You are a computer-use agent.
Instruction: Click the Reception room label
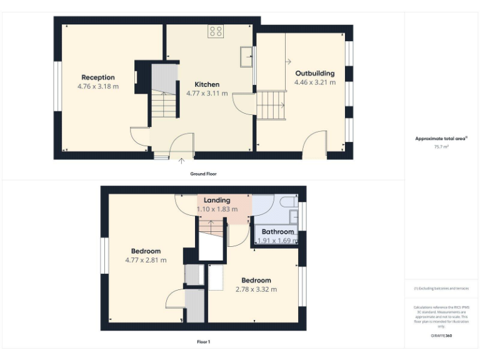(x=98, y=77)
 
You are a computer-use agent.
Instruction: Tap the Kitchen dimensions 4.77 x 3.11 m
(x=207, y=93)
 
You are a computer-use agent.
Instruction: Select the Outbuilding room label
(x=314, y=73)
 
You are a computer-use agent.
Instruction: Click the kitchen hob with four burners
(x=216, y=31)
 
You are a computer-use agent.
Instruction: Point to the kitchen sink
(x=245, y=56)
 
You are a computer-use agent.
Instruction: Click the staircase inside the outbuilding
(x=272, y=105)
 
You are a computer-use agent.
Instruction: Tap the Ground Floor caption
(x=203, y=173)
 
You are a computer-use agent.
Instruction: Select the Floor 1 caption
(x=203, y=342)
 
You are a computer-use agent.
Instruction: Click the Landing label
(x=217, y=201)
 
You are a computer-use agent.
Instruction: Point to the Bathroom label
(x=277, y=232)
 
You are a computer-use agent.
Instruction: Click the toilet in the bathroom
(x=289, y=202)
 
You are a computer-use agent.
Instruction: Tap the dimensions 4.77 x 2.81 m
(x=146, y=260)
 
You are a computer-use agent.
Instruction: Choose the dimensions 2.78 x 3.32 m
(x=256, y=289)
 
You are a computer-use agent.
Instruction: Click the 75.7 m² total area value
(x=442, y=146)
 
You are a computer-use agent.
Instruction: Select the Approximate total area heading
(x=441, y=139)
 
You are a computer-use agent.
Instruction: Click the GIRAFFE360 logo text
(x=441, y=336)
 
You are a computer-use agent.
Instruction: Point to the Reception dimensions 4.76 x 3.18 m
(x=98, y=86)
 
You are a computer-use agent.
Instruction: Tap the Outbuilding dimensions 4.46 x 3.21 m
(x=314, y=82)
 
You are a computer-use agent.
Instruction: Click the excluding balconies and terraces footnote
(x=441, y=288)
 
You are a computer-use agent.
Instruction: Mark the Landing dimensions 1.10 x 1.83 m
(x=217, y=209)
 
